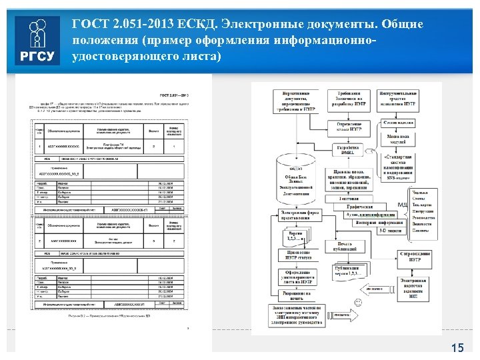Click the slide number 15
click(x=457, y=347)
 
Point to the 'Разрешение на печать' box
click(x=297, y=295)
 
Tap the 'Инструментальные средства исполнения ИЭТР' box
click(x=398, y=99)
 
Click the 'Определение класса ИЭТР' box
click(x=349, y=127)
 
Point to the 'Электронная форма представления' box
click(x=298, y=214)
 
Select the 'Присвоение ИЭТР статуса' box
click(x=297, y=255)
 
